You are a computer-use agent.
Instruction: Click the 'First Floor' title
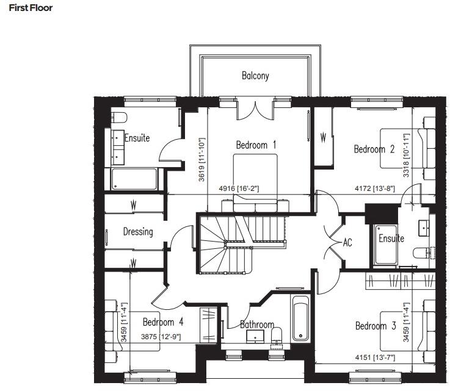[31, 9]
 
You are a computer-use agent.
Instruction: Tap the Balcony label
[255, 76]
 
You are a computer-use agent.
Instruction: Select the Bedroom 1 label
[256, 145]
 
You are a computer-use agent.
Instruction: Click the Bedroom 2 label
[374, 149]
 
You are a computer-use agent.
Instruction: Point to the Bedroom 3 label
[376, 326]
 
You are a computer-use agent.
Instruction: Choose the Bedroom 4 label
[163, 322]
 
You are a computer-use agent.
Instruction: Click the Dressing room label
[137, 232]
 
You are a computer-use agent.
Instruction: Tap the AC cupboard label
[347, 243]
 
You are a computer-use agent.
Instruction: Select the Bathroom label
[256, 325]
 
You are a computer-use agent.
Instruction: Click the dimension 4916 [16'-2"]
[239, 189]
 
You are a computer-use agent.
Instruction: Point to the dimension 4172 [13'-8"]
[375, 189]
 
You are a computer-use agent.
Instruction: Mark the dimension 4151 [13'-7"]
[374, 356]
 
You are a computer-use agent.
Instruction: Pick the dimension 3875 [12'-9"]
[161, 336]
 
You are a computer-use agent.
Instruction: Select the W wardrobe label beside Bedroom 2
[324, 138]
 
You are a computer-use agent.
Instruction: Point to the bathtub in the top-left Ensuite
[134, 179]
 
